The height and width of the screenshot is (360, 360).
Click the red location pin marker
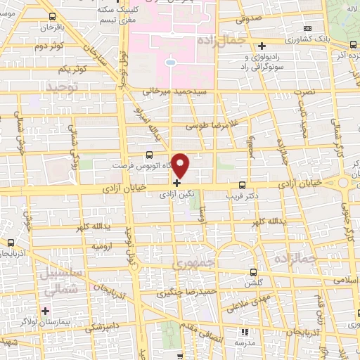pyautogui.click(x=181, y=166)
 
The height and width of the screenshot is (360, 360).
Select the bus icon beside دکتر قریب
pyautogui.click(x=243, y=179)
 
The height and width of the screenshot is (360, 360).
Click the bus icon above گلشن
pyautogui.click(x=253, y=271)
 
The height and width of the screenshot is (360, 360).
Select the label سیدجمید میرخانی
pyautogui.click(x=172, y=91)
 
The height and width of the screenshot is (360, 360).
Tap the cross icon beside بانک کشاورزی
pyautogui.click(x=262, y=45)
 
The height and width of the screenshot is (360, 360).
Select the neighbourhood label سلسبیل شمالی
pyautogui.click(x=62, y=281)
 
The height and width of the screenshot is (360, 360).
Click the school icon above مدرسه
pyautogui.click(x=245, y=332)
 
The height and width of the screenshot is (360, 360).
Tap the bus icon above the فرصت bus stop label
pyautogui.click(x=148, y=154)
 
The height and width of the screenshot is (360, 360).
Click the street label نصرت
pyautogui.click(x=304, y=92)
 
